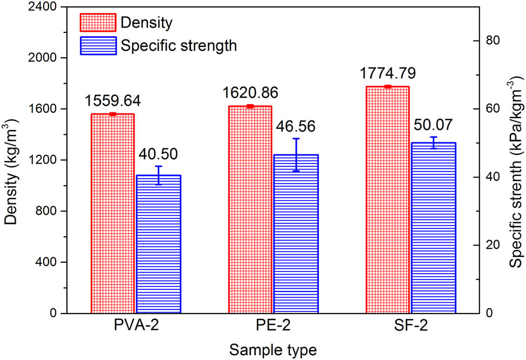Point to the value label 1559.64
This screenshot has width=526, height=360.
(112, 101)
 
